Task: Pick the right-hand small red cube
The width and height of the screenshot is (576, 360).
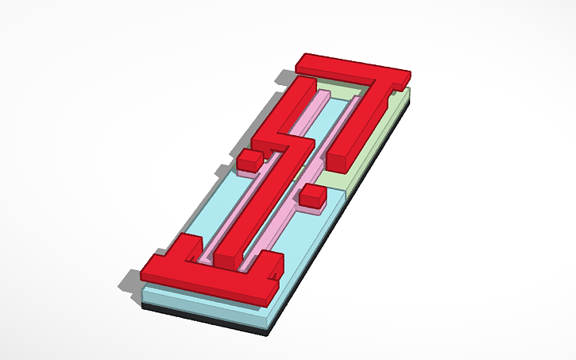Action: [x=311, y=194]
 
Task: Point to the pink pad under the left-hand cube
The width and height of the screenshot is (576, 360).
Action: [x=249, y=168]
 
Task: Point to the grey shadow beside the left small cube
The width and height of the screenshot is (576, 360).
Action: [x=224, y=169]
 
